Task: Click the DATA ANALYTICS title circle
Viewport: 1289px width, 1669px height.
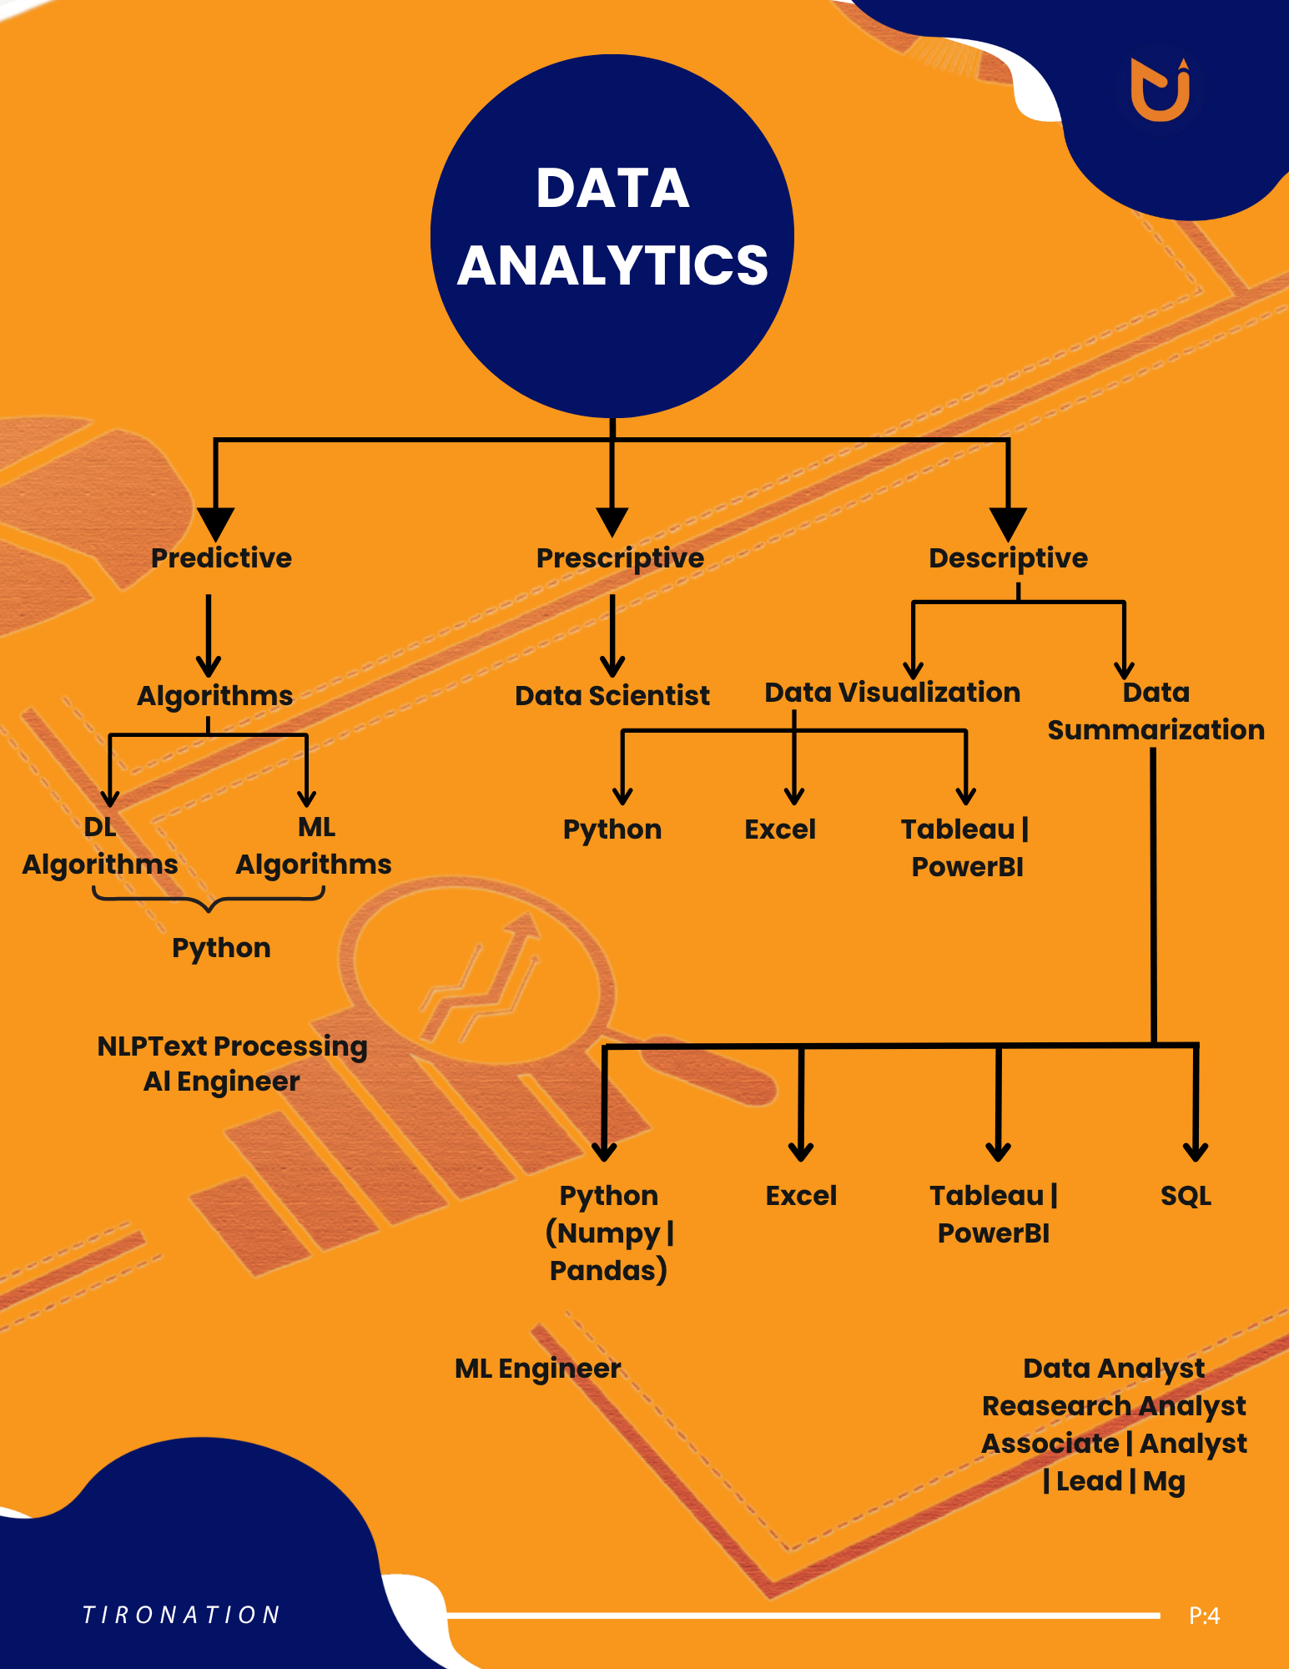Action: [612, 235]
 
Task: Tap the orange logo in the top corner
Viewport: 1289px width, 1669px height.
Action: [1161, 89]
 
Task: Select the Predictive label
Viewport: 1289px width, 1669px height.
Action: [221, 557]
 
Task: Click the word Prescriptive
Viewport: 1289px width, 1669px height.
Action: [620, 558]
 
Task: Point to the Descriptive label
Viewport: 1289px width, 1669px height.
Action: [1008, 558]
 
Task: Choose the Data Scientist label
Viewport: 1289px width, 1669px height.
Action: [612, 695]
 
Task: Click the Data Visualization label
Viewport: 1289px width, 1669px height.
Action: [892, 693]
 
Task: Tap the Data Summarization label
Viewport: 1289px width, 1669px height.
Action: [1156, 711]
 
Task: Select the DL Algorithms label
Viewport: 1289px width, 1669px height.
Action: [100, 845]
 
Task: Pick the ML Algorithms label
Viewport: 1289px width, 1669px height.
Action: [314, 845]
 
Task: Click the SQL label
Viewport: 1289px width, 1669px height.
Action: [1186, 1196]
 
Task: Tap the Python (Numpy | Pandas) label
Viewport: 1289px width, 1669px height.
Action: [609, 1233]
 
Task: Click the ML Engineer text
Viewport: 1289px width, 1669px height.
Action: [537, 1369]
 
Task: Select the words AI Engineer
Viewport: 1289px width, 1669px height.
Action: [221, 1082]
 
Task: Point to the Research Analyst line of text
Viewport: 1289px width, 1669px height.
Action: [1114, 1406]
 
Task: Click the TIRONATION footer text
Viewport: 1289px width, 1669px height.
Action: [182, 1615]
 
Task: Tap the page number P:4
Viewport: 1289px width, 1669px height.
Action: [1204, 1616]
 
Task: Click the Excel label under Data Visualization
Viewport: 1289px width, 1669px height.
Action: [780, 829]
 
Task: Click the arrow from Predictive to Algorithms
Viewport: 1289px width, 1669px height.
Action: [209, 634]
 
